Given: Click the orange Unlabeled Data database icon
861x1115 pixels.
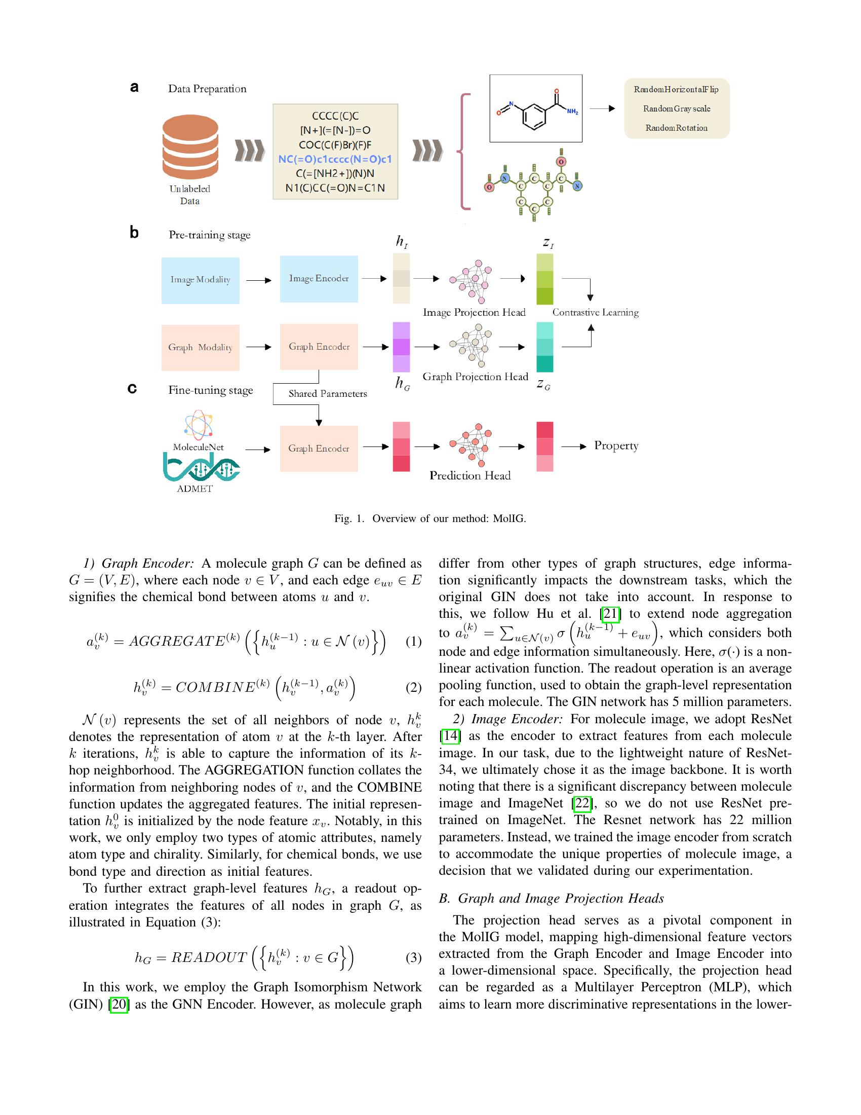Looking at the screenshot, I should coord(190,147).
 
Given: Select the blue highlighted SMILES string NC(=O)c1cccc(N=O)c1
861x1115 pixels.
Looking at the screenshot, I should coord(335,159).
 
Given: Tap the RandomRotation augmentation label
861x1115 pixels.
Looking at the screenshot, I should coord(676,128).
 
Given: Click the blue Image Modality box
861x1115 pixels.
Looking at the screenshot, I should coord(201,280).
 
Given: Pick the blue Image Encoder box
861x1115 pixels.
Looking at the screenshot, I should coord(319,279).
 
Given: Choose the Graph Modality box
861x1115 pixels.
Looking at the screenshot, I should coord(201,347).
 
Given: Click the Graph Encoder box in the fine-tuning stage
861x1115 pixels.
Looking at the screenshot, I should coord(319,448).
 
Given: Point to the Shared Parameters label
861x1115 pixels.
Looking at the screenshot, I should coord(328,394).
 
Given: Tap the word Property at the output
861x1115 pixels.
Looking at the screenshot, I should coord(616,445).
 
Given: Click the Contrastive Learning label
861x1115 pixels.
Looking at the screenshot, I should coord(595,312).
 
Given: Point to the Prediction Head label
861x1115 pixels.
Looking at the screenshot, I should coord(470,476).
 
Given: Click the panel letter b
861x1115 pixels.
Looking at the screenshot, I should coord(134,233).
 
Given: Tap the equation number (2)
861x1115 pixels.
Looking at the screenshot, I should coord(413,688).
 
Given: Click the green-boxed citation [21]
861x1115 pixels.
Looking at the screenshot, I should coord(611,614).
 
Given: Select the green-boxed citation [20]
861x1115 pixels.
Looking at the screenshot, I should coord(119,1004).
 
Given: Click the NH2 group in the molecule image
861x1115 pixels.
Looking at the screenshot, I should coord(572,112).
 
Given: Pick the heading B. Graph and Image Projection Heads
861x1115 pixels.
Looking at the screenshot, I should coord(552,898).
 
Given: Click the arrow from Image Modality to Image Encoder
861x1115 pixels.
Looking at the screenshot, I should coord(259,280).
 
